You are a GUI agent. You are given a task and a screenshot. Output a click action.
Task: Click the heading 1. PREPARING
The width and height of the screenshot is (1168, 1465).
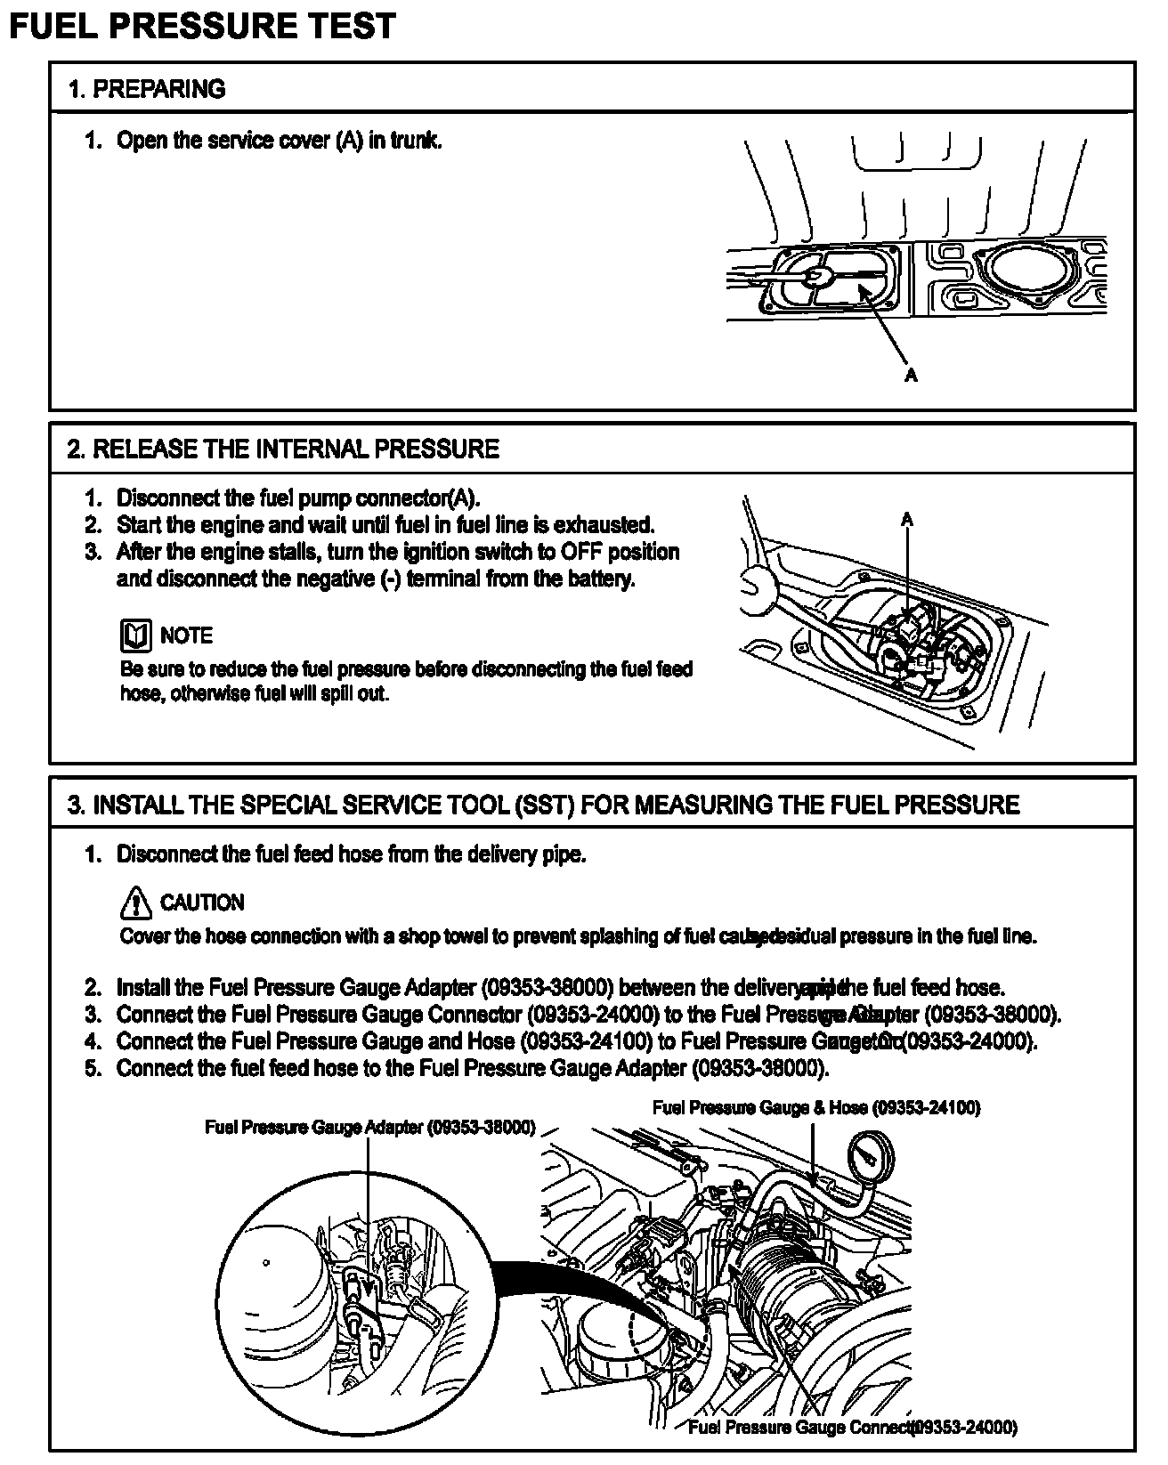(x=146, y=89)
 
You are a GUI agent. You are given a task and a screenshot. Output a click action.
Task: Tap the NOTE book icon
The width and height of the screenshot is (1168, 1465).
(x=135, y=635)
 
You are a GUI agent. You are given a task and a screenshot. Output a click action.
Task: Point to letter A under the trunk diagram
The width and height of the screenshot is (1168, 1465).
(x=910, y=376)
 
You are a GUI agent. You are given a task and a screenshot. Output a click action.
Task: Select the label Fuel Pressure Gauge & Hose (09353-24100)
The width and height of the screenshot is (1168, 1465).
(x=815, y=1108)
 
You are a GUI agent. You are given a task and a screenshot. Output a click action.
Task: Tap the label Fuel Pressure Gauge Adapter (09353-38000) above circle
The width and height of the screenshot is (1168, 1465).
(x=369, y=1128)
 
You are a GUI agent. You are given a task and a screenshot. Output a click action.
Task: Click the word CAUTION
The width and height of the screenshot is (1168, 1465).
(x=201, y=902)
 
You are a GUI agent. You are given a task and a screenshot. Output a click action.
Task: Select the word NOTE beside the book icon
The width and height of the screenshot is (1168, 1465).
(x=186, y=635)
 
